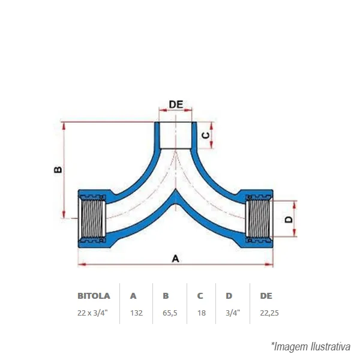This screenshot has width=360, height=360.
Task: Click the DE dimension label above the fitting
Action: pos(176,104)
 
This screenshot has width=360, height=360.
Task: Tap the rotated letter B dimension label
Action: pos(58,169)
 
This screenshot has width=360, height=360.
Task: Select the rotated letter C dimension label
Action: pos(205,136)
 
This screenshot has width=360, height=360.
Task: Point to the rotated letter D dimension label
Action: pos(289,220)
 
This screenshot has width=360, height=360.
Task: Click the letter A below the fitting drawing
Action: pos(175,259)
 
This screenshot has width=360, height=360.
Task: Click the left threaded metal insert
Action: pos(92,218)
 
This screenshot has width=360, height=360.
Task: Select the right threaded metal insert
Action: pos(259,218)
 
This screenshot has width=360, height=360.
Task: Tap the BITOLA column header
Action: pos(94,296)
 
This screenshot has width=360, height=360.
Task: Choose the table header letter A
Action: pos(133,296)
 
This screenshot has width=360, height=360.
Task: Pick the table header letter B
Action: pos(166,296)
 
